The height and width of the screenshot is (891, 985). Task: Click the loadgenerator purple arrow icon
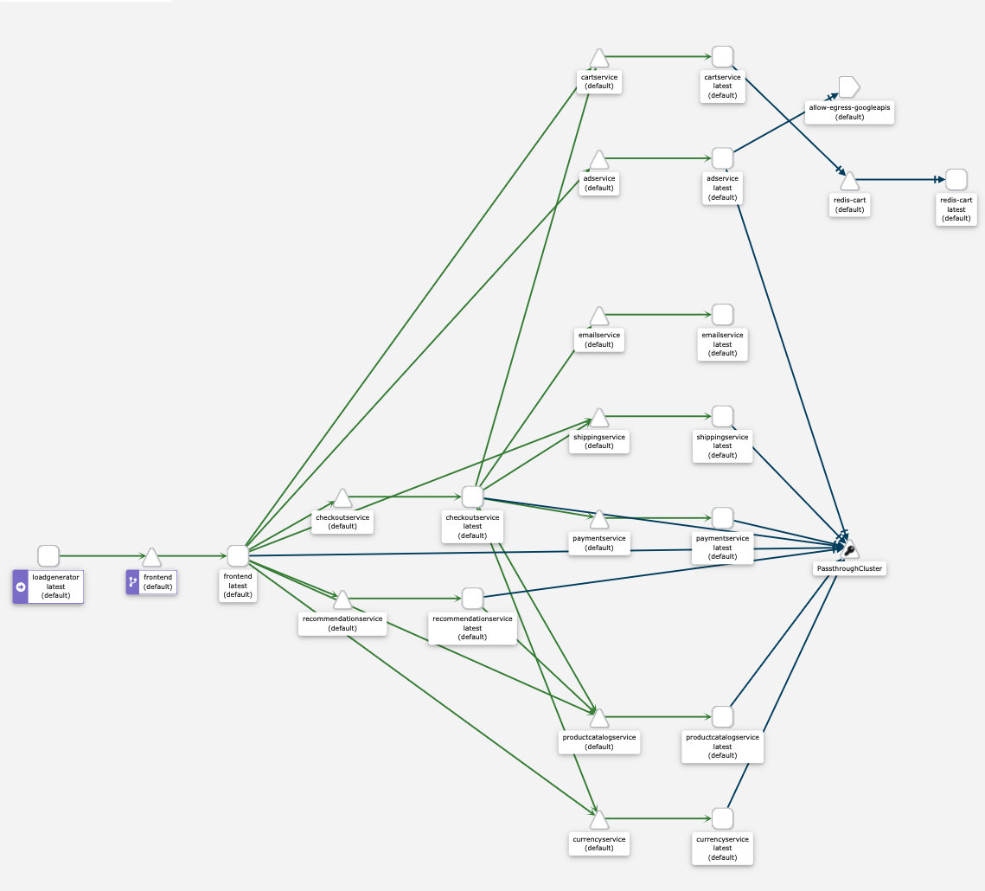tap(21, 587)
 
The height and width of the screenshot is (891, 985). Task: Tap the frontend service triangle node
tap(152, 557)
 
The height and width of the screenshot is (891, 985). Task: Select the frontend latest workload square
tap(238, 556)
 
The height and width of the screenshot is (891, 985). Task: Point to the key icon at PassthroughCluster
tap(849, 550)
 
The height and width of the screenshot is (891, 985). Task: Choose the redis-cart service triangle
tap(849, 181)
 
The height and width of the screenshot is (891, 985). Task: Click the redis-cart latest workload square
tap(956, 180)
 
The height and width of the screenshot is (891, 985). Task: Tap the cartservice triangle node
tap(598, 59)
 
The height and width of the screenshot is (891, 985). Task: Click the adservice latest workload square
tap(722, 158)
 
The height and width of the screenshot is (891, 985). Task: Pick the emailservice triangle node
tap(598, 316)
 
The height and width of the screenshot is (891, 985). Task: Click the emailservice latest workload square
tap(722, 315)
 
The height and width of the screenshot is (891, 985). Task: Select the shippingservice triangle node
tap(598, 418)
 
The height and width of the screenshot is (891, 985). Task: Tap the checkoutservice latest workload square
tap(472, 497)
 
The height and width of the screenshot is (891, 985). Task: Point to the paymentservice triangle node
tap(598, 519)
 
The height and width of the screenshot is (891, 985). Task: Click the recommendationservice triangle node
tap(342, 599)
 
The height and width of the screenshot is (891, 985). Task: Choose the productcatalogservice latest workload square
tap(722, 716)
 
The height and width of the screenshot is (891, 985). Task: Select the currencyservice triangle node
tap(598, 819)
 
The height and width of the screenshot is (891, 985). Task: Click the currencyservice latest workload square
tap(722, 818)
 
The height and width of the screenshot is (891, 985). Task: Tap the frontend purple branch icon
tap(132, 582)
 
